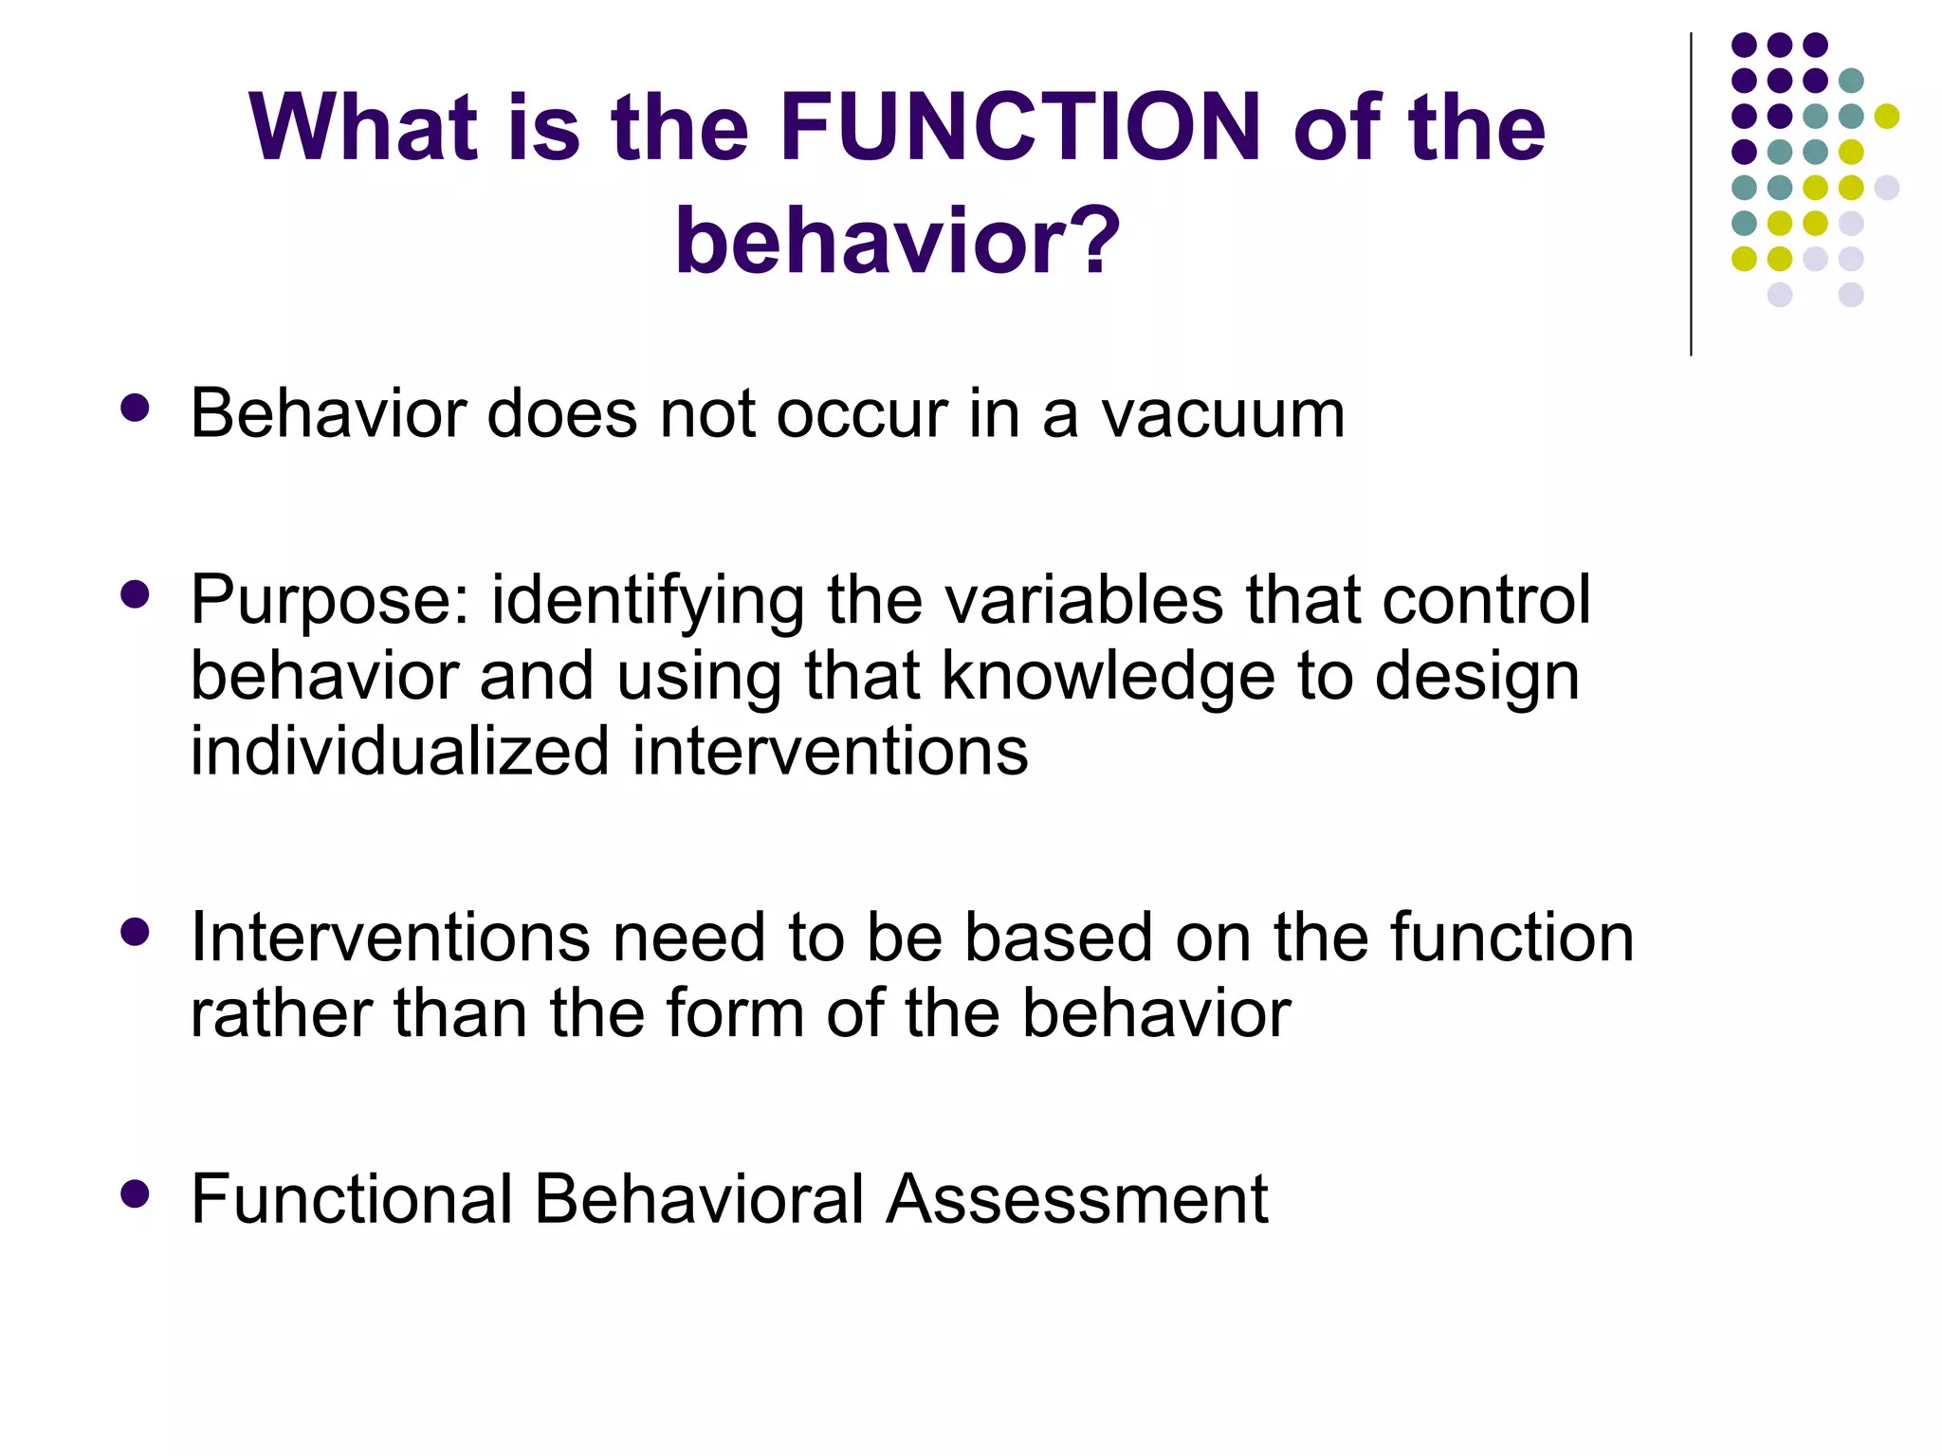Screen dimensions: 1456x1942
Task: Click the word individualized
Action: (399, 751)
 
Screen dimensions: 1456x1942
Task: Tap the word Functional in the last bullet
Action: (351, 1199)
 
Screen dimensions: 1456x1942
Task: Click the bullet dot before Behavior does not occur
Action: (136, 409)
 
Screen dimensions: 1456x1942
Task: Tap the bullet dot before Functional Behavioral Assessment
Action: (136, 1193)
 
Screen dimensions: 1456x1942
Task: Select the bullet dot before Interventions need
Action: (136, 932)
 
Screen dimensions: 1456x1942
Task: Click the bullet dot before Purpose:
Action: (136, 594)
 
